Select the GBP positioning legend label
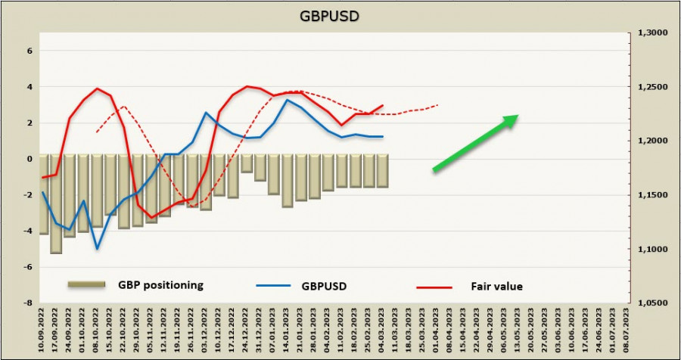[160, 286]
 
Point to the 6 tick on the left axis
[30, 51]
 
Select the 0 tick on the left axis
[30, 160]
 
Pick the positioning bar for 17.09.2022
[56, 204]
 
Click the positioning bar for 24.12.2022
[247, 164]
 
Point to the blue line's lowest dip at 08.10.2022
[97, 248]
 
